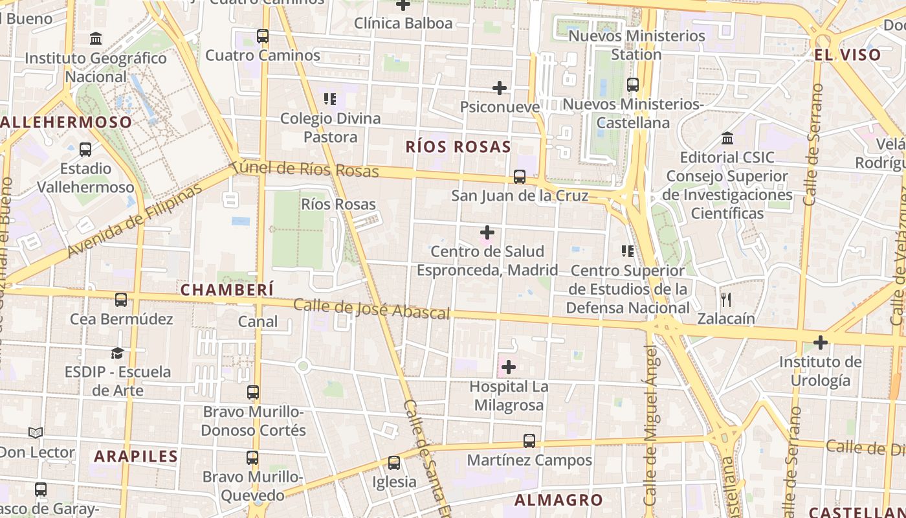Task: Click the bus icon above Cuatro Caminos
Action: (263, 36)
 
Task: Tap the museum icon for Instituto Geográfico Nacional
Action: (96, 39)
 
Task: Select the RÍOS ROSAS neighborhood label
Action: (458, 147)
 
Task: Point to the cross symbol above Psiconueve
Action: (500, 87)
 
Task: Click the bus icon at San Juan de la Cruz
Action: (519, 177)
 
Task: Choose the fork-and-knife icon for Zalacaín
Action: (726, 299)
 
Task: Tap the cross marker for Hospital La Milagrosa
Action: (509, 368)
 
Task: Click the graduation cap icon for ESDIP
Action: (117, 353)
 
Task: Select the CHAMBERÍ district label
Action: (227, 289)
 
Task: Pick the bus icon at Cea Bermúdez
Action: (121, 300)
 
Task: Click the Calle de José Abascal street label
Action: (371, 309)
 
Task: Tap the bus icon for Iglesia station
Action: (394, 463)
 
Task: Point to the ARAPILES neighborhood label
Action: (136, 456)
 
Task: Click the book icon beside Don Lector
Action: (36, 433)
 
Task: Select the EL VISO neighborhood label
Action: (848, 55)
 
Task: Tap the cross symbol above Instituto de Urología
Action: (821, 342)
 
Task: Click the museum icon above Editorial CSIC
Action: (727, 139)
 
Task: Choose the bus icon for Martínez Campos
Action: (529, 441)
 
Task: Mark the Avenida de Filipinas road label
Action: (135, 221)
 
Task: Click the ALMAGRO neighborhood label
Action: (558, 500)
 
